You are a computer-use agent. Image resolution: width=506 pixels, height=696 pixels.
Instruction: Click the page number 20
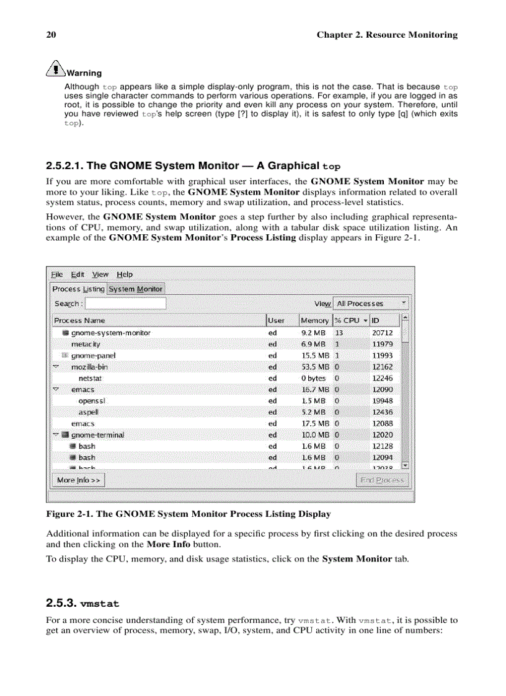[51, 35]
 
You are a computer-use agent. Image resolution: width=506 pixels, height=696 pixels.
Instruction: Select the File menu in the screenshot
[57, 275]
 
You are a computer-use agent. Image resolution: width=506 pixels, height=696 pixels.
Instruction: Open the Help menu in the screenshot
[125, 275]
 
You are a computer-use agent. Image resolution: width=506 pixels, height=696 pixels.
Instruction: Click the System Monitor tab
[136, 289]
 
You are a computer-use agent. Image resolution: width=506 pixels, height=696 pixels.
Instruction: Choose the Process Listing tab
[78, 289]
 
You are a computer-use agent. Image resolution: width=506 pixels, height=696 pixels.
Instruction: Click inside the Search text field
[125, 303]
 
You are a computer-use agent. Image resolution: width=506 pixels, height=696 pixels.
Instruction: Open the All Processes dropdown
[371, 304]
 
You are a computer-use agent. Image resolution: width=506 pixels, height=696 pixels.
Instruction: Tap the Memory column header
[314, 320]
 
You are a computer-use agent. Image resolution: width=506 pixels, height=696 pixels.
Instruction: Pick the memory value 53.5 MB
[315, 367]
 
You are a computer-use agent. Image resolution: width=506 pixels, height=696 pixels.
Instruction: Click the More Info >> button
[78, 480]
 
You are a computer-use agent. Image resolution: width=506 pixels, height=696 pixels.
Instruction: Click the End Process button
[382, 480]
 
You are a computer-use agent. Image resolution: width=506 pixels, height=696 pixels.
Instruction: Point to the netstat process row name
[89, 378]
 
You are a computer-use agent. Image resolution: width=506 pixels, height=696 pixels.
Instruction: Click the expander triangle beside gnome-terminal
[56, 434]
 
